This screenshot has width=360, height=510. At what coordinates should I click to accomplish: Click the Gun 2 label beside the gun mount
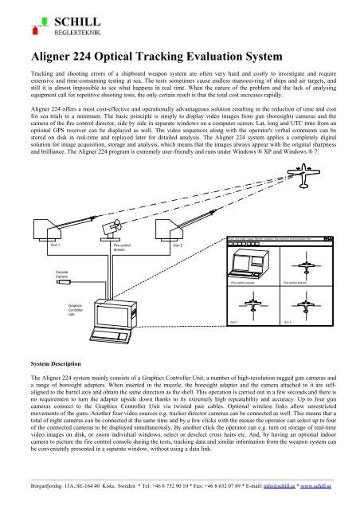[177, 245]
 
